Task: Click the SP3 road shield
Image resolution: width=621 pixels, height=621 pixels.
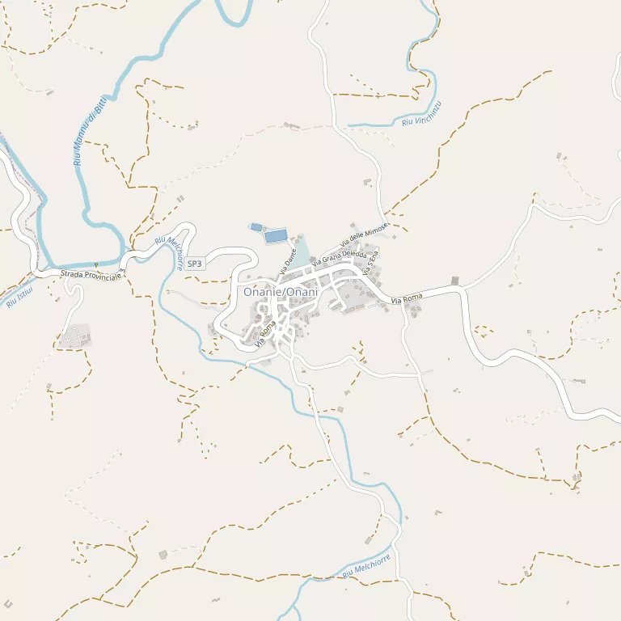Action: tap(194, 264)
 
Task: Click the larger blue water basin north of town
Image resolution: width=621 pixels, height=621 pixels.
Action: tap(276, 236)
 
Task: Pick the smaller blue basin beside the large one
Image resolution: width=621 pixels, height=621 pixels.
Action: tap(256, 227)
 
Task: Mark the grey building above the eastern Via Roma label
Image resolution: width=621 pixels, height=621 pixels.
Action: tap(454, 281)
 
